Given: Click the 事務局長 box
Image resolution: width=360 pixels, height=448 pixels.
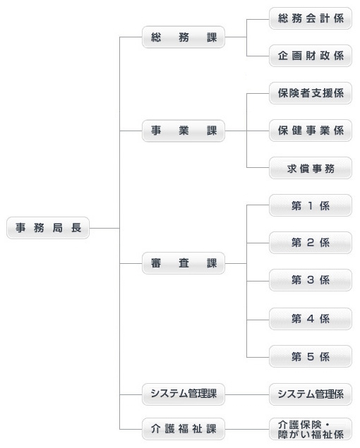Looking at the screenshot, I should (x=48, y=228).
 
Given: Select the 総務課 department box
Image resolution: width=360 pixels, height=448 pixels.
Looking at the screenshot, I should (x=184, y=37).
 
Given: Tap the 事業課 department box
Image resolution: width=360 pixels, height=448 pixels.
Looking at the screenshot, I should (x=184, y=131).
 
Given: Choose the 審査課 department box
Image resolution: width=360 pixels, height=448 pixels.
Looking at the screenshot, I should (x=184, y=265).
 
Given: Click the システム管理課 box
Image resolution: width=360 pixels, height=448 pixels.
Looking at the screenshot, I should (x=184, y=394).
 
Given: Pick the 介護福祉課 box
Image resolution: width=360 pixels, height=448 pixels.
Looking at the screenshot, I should (x=184, y=428).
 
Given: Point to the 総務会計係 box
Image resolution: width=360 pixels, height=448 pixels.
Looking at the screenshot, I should (x=311, y=18).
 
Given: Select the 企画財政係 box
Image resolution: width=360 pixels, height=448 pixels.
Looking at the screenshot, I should (x=311, y=56).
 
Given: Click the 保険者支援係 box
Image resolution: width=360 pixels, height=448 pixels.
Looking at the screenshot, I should (x=311, y=93).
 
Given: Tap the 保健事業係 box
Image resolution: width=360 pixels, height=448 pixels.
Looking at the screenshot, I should (x=311, y=131).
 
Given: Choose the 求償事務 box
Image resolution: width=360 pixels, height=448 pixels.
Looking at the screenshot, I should (x=311, y=168).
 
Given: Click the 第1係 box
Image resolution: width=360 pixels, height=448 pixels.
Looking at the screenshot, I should (x=311, y=205).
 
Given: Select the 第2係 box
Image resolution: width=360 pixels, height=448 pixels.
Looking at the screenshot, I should (x=311, y=243).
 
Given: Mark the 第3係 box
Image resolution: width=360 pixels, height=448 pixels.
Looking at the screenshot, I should (x=311, y=280).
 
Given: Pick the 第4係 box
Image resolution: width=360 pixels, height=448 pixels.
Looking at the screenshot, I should (x=311, y=318).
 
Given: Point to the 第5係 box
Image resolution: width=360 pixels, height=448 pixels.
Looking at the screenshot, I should (x=311, y=356).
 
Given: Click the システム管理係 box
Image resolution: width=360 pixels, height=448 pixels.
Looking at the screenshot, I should (x=311, y=394).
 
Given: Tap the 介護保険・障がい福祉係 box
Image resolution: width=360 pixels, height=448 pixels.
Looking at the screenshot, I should (x=311, y=428).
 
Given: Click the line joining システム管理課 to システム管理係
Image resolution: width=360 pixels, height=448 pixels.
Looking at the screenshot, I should (x=247, y=394).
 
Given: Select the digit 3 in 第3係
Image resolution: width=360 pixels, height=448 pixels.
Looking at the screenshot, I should (x=311, y=280).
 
